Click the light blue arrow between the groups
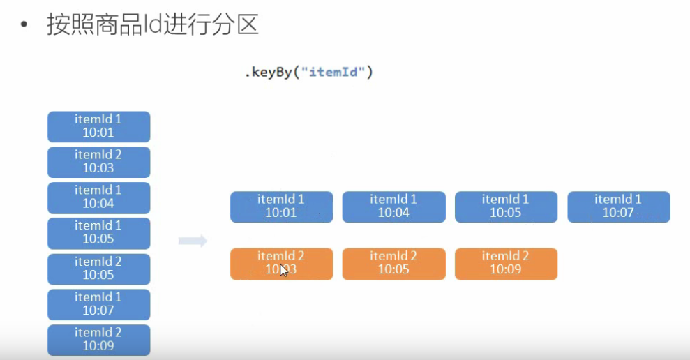click(193, 241)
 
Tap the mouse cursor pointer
click(283, 270)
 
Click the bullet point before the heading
click(24, 24)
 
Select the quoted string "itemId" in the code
click(333, 72)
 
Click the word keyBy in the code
click(271, 72)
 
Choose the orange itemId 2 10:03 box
click(282, 264)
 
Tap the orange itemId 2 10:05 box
click(394, 264)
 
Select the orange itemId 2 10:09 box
click(506, 264)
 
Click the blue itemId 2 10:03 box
click(99, 163)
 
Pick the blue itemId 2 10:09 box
click(99, 340)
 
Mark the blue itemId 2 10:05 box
click(99, 269)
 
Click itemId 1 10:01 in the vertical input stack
click(99, 127)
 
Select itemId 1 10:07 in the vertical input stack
click(99, 305)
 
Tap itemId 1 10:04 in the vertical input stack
click(99, 198)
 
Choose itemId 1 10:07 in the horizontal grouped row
click(619, 207)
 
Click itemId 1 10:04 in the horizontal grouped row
click(394, 207)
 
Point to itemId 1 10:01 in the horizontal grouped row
click(282, 207)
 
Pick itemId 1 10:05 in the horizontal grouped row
click(506, 207)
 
